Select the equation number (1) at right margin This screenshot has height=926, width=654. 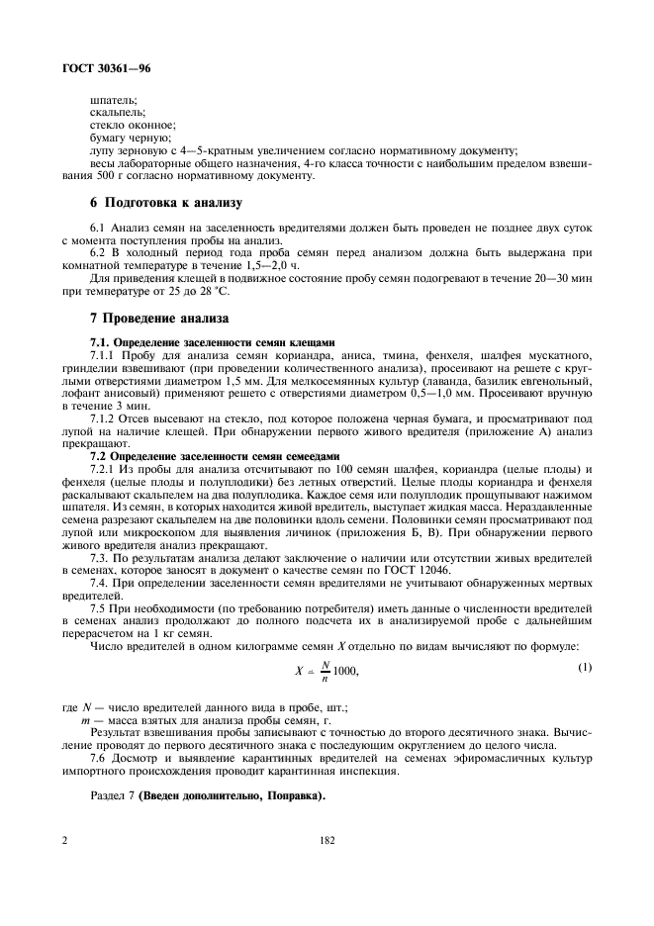pyautogui.click(x=584, y=667)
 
